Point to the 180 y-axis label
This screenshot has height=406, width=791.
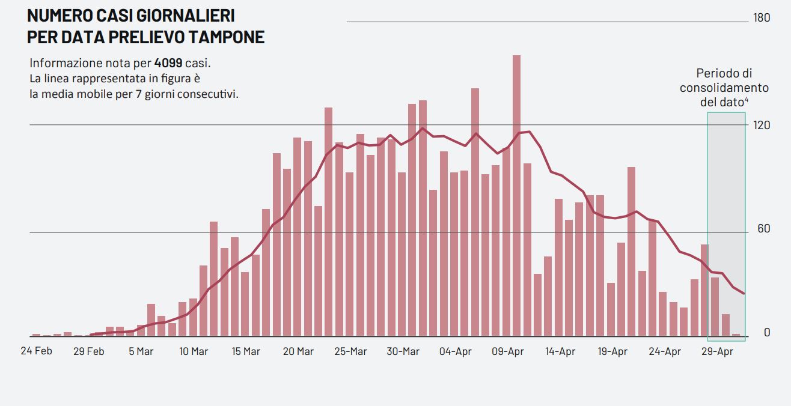tap(762, 18)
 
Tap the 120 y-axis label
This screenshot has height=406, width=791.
tap(762, 124)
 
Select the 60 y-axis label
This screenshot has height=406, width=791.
tap(764, 229)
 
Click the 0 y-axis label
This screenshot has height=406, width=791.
tap(766, 332)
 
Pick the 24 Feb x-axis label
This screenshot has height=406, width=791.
tap(36, 351)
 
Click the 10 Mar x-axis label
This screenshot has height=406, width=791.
tap(194, 351)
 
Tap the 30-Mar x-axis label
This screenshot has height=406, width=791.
tap(403, 351)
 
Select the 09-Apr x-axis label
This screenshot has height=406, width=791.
tap(508, 351)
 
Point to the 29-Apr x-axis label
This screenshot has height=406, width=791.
tap(717, 351)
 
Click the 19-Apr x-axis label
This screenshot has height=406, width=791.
tap(612, 351)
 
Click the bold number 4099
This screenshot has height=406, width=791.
tap(168, 63)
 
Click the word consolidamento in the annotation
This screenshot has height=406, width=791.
tap(724, 88)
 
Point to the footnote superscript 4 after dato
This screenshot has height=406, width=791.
tap(747, 100)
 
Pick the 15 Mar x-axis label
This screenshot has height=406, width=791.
tap(246, 351)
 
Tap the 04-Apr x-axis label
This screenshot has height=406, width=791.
tap(456, 351)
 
